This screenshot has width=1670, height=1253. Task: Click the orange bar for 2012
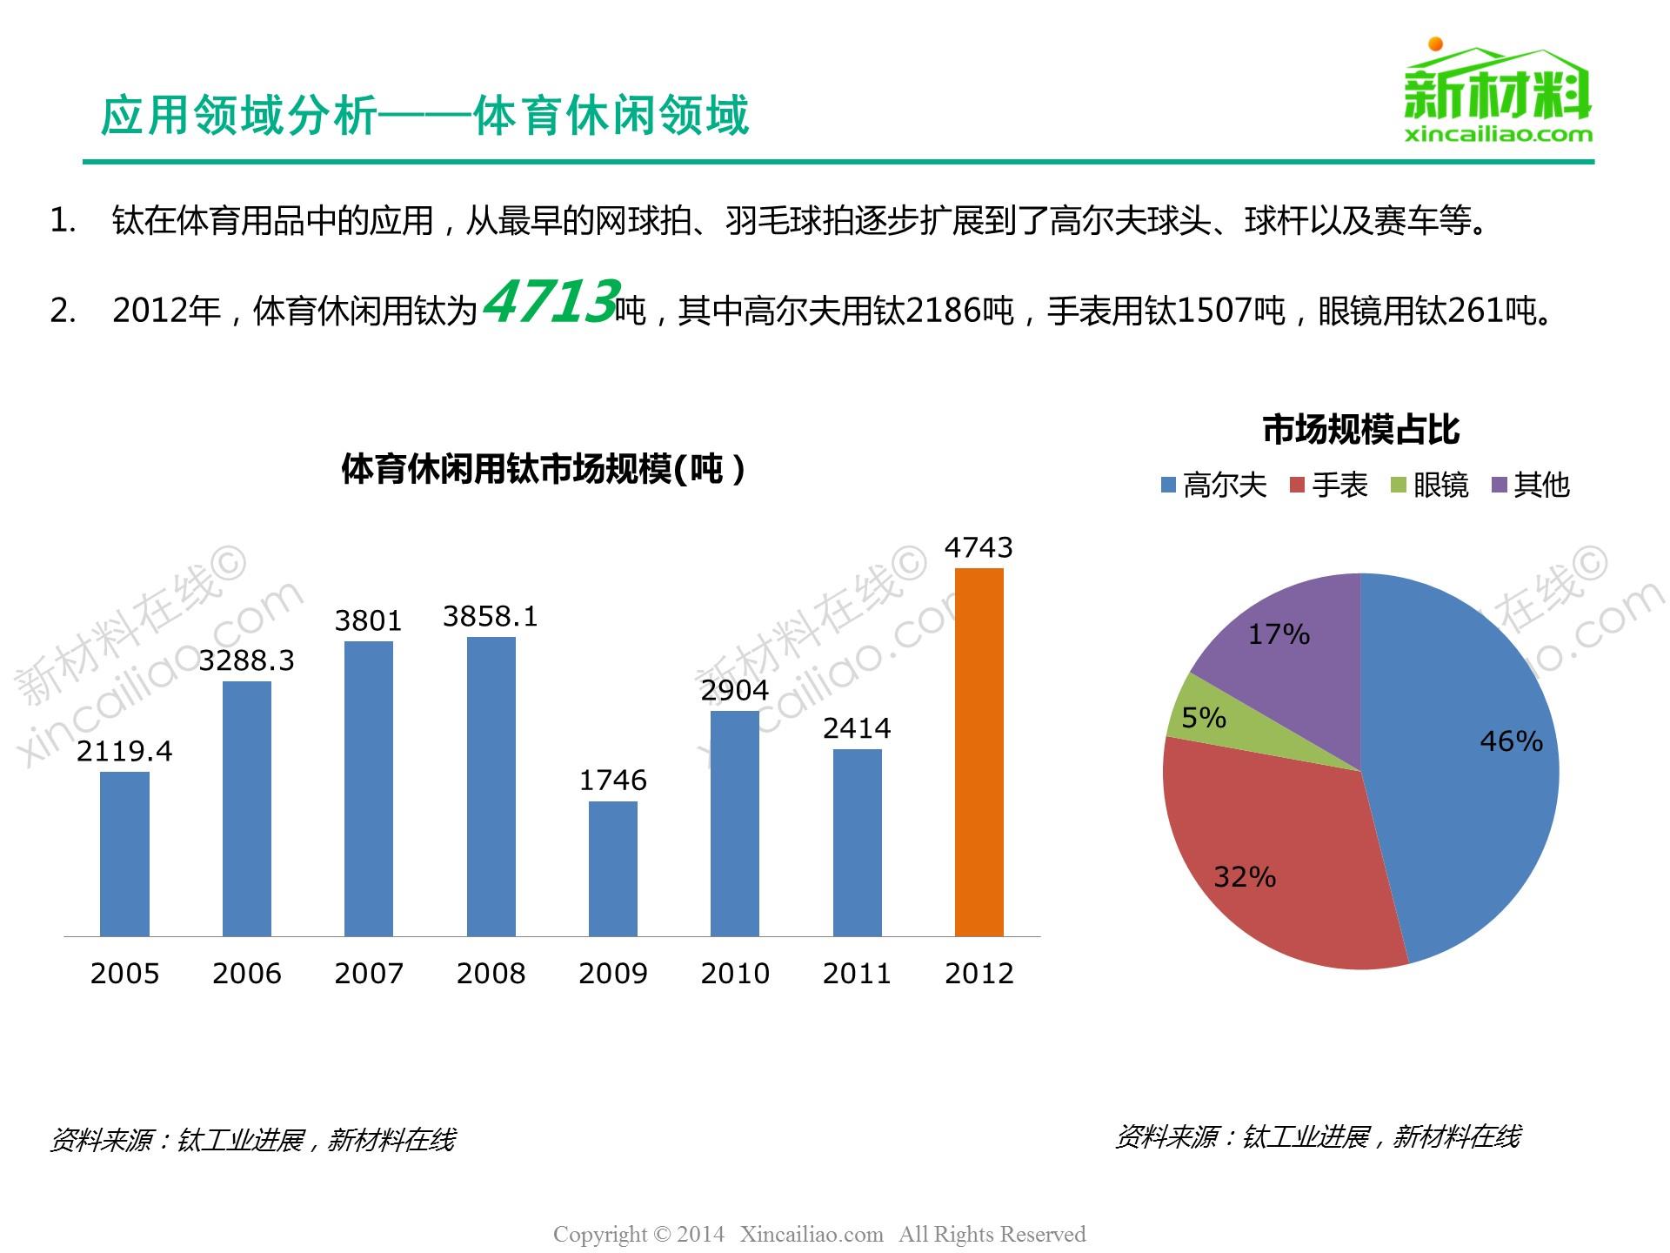(x=979, y=752)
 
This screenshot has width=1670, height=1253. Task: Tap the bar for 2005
(x=124, y=854)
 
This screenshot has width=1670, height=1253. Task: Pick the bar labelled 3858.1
(x=491, y=787)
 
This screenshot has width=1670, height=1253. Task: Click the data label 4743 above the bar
(x=979, y=547)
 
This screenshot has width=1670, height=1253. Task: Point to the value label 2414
(x=857, y=728)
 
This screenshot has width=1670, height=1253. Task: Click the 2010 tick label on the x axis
(x=735, y=973)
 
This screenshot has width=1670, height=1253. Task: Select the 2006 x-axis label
(x=247, y=973)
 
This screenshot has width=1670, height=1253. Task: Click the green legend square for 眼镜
(x=1399, y=486)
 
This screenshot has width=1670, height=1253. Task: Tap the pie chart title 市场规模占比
(x=1360, y=430)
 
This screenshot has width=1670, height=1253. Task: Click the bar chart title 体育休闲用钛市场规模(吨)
(x=543, y=469)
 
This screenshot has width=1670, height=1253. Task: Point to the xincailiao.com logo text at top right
(x=1498, y=135)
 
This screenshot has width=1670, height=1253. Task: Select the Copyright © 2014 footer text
(x=639, y=1234)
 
